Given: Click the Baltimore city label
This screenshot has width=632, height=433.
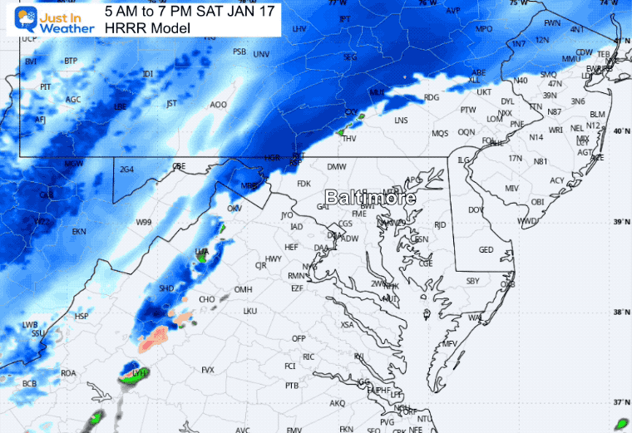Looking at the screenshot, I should point(370,198).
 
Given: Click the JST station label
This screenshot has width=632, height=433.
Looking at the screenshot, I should point(172,104).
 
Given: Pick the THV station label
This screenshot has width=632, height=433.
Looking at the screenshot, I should point(349,138).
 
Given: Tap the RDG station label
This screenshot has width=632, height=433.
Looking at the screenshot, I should point(431,97).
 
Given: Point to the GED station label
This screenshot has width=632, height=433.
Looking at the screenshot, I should point(486,250).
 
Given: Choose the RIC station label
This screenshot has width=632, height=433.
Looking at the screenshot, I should point(308,357).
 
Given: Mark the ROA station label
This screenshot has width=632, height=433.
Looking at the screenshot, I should point(68,373).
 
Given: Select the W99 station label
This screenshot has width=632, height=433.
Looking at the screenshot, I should point(144,222).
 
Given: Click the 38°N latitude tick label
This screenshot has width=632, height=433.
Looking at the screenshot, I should point(620,312).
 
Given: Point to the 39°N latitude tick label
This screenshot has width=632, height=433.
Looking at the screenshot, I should point(620,221).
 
